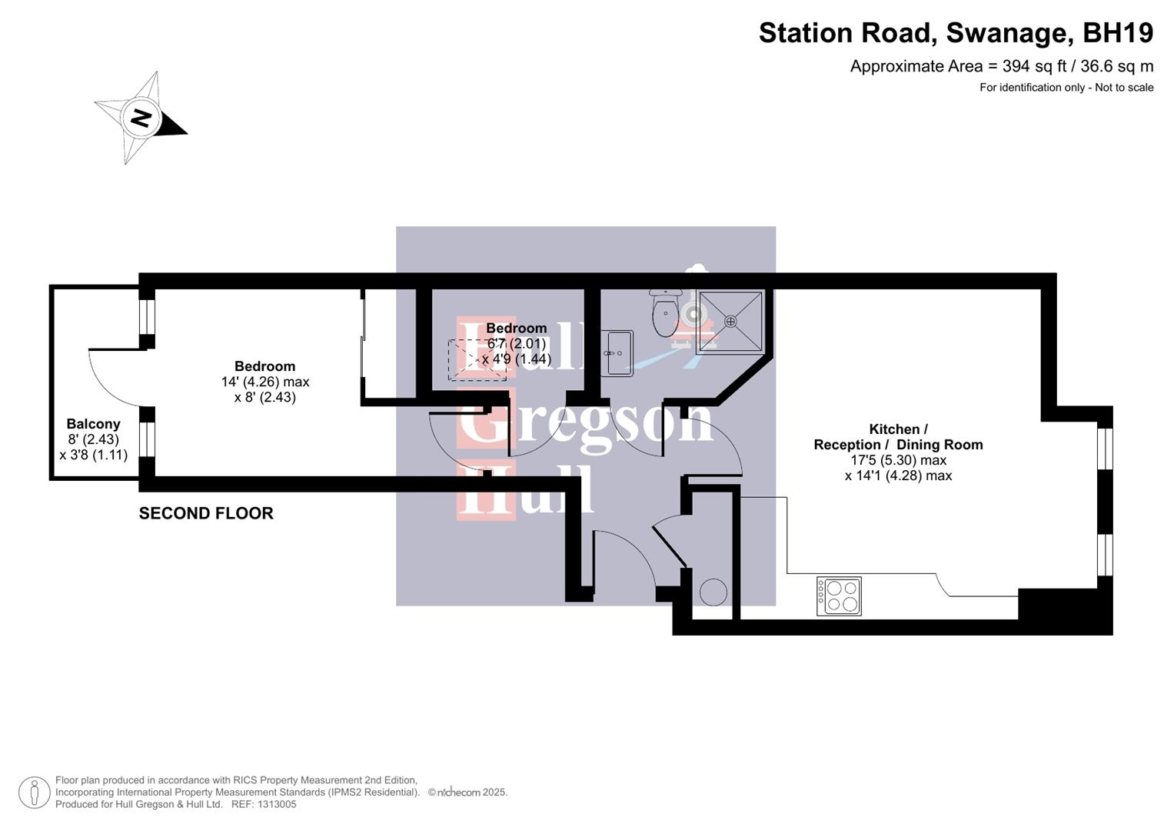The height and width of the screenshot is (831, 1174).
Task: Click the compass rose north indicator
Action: point(141,118)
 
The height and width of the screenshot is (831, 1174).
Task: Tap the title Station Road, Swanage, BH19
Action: point(956,33)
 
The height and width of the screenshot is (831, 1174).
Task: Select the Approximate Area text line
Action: point(1001,66)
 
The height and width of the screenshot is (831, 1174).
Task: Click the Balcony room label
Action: point(93,424)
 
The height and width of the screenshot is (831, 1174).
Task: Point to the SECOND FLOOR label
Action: point(206,513)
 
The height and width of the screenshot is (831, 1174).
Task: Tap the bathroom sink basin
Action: point(617,353)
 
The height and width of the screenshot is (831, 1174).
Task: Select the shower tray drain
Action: point(730,321)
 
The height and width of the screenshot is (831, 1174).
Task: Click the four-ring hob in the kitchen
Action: point(839,596)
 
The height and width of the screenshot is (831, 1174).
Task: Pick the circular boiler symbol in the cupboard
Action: point(713,592)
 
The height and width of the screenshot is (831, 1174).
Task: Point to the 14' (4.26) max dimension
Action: point(265,382)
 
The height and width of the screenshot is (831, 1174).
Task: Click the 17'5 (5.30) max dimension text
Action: point(898,460)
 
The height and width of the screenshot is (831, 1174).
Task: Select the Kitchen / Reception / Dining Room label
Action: point(898,437)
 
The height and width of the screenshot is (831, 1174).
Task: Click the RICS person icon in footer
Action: point(35,793)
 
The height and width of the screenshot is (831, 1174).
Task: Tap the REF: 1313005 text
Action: point(263,804)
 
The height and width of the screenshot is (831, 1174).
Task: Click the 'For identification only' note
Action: point(1066,88)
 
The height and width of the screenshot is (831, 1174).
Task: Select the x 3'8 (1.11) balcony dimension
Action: point(93,455)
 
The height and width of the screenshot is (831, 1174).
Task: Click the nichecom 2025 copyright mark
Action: point(467,793)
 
